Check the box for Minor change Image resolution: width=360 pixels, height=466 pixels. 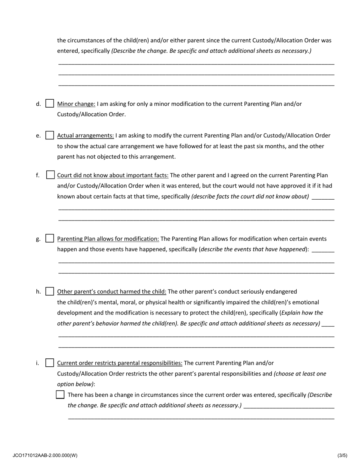[x=50, y=103]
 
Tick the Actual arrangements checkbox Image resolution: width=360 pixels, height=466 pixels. [x=50, y=135]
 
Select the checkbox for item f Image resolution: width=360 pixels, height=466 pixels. [x=50, y=175]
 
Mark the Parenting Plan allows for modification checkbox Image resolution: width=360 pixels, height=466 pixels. [x=50, y=239]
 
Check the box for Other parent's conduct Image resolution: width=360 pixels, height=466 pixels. [x=50, y=292]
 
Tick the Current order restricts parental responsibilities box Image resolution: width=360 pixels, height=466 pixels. [x=50, y=363]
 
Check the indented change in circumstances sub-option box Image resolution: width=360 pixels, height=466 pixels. [x=60, y=395]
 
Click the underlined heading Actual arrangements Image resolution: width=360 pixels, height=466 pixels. [x=85, y=136]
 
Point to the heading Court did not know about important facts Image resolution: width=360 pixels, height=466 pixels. [x=113, y=175]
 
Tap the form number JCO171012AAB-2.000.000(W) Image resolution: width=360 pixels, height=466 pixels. [x=45, y=455]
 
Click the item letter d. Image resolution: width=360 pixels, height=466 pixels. [x=38, y=104]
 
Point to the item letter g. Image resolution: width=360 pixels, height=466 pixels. [x=38, y=239]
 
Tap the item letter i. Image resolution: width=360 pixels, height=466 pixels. [x=38, y=363]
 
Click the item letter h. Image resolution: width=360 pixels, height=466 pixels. [x=38, y=292]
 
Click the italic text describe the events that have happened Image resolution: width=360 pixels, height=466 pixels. [x=253, y=249]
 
